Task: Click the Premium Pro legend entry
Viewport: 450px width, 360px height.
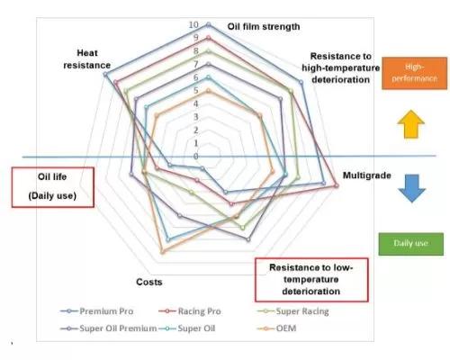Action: (x=97, y=311)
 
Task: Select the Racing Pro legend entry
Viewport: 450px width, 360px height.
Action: (x=190, y=311)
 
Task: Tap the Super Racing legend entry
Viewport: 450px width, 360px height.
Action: (x=293, y=311)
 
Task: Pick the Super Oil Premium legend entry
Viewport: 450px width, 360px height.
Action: (x=108, y=328)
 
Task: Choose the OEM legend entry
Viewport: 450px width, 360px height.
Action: (x=276, y=328)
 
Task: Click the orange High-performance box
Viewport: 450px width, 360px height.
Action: (x=414, y=73)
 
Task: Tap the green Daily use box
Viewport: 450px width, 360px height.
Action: (x=410, y=244)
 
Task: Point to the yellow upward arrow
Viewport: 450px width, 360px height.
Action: (x=410, y=124)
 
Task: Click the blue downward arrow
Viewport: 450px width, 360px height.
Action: (x=412, y=188)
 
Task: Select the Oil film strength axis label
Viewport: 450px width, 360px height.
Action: (x=264, y=26)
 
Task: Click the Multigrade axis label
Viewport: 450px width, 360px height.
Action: (x=367, y=175)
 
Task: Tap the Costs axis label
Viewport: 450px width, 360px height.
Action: (x=149, y=282)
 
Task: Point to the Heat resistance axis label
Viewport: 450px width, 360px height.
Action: (x=87, y=59)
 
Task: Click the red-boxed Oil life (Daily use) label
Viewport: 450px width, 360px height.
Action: (x=52, y=187)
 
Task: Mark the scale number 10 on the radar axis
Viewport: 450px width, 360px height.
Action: (x=193, y=25)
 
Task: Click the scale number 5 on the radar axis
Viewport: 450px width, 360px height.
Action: (x=196, y=90)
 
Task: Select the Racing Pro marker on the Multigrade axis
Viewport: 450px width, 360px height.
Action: (x=337, y=186)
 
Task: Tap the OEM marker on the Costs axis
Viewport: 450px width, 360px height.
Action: (x=162, y=252)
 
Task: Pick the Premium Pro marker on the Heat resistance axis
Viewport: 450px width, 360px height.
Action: (x=105, y=74)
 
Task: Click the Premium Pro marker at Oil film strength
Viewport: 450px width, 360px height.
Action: (x=209, y=25)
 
